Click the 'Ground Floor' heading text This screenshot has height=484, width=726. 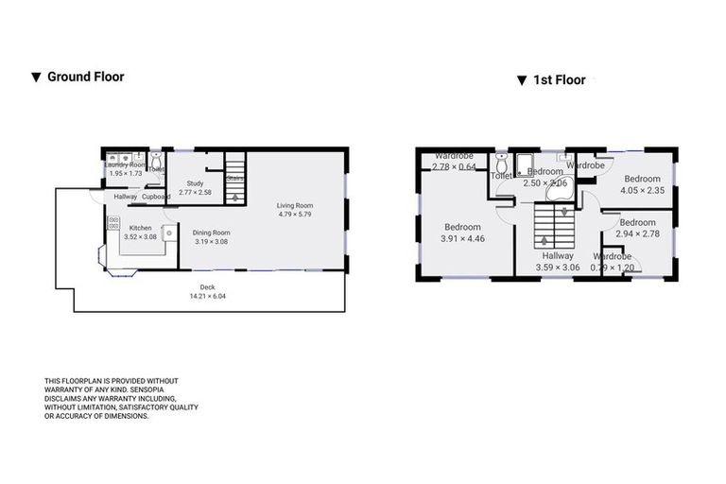[85, 77]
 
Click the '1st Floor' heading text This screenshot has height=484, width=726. [558, 80]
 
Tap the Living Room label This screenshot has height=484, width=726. [294, 205]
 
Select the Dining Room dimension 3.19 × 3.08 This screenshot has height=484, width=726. [211, 241]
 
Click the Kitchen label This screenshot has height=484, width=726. [140, 227]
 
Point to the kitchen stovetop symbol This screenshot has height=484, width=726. [113, 224]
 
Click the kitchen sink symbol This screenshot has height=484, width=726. [171, 229]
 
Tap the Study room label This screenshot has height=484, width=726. [195, 183]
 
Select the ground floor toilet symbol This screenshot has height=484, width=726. [156, 160]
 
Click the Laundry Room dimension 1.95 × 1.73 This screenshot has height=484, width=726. [125, 174]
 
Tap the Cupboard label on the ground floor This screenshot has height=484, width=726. [156, 197]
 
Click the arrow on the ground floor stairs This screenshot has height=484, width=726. [234, 196]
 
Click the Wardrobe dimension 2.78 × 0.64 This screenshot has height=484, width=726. [454, 166]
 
